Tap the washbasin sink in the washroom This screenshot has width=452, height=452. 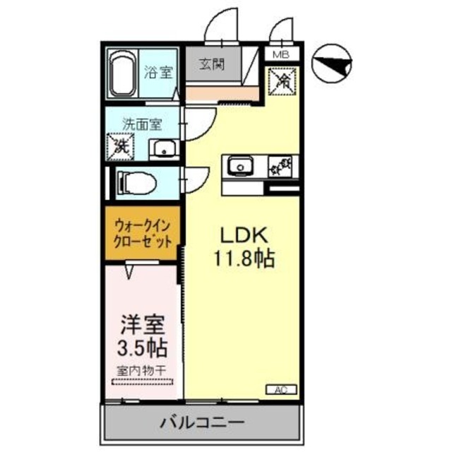pyautogui.click(x=164, y=149)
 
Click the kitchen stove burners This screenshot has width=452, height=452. pyautogui.click(x=282, y=167)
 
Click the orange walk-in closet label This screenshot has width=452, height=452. pyautogui.click(x=143, y=234)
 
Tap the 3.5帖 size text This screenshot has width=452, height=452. pyautogui.click(x=143, y=348)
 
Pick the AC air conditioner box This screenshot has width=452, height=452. pyautogui.click(x=280, y=389)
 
